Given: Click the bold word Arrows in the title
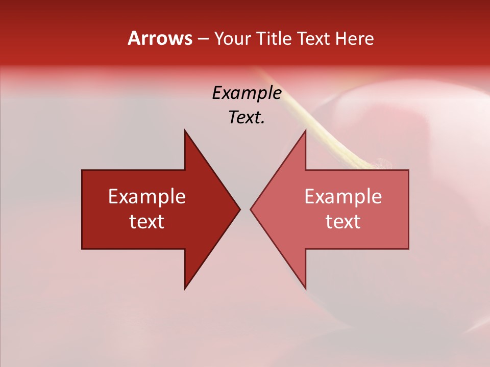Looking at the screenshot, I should pyautogui.click(x=160, y=38).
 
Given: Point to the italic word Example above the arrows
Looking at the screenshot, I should pyautogui.click(x=247, y=93).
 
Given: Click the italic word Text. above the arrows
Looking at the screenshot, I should pyautogui.click(x=247, y=118).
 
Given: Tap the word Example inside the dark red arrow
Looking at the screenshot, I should pyautogui.click(x=147, y=197).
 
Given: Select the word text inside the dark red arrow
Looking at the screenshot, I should pyautogui.click(x=147, y=222).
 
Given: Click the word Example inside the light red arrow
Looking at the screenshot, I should pyautogui.click(x=343, y=197).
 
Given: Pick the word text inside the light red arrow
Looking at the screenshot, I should pyautogui.click(x=343, y=222).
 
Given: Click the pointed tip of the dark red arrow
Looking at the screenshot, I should pyautogui.click(x=239, y=209).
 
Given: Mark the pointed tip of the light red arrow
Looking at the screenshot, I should pyautogui.click(x=251, y=209).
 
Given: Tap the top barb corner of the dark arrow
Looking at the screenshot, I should pyautogui.click(x=185, y=131).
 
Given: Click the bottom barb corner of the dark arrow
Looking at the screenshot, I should pyautogui.click(x=185, y=288).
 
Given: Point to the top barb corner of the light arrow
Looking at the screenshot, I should pyautogui.click(x=305, y=131).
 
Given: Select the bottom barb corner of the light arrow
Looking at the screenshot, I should pyautogui.click(x=305, y=288).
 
